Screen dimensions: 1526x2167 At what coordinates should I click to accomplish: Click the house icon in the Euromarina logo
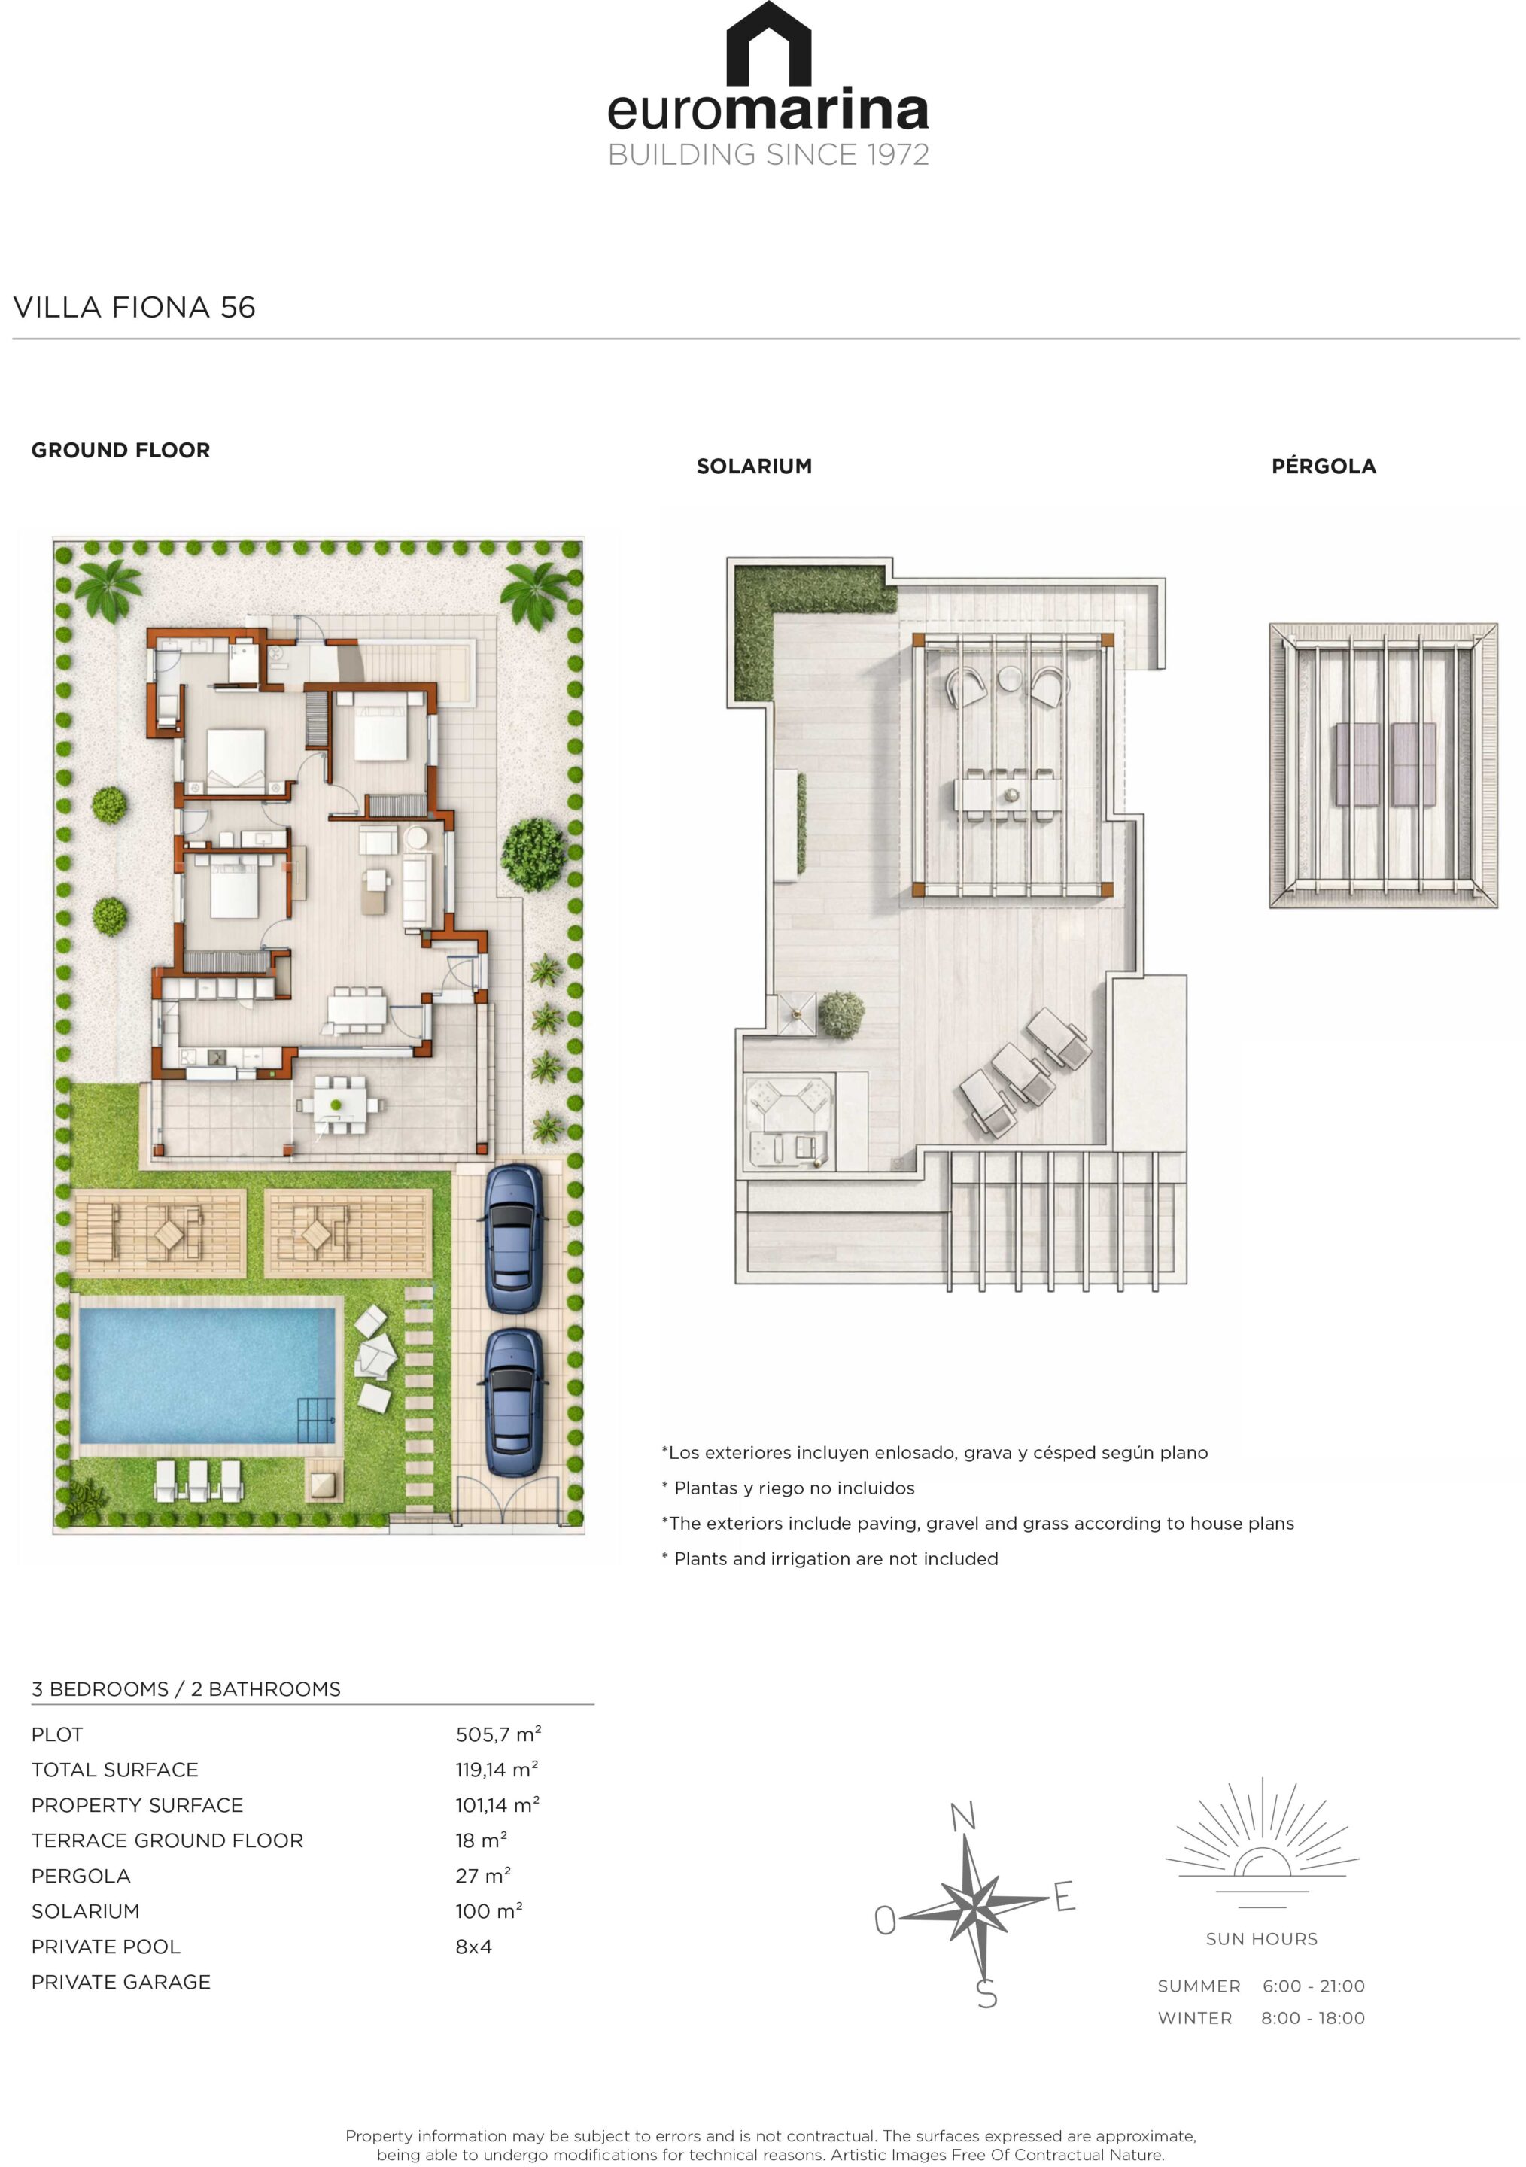pos(768,44)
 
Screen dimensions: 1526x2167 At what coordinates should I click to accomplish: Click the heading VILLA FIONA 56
pos(134,307)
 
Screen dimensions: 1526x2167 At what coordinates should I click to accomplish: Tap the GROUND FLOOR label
pos(121,450)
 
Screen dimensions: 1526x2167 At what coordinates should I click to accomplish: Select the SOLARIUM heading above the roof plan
pos(754,467)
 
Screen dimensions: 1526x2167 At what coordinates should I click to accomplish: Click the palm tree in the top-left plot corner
pos(109,590)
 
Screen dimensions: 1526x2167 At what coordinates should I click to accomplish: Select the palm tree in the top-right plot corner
pos(535,594)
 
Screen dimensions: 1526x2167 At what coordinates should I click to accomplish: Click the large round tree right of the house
pos(534,854)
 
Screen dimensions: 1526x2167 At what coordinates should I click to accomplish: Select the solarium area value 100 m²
pos(489,1911)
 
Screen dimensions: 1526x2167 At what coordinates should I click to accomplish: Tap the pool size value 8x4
pos(474,1946)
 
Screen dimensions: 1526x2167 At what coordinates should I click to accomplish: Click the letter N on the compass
pos(962,1816)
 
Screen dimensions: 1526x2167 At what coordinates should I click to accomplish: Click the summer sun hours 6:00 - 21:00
pos(1313,1986)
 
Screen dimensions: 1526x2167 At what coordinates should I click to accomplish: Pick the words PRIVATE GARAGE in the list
pos(121,1982)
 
